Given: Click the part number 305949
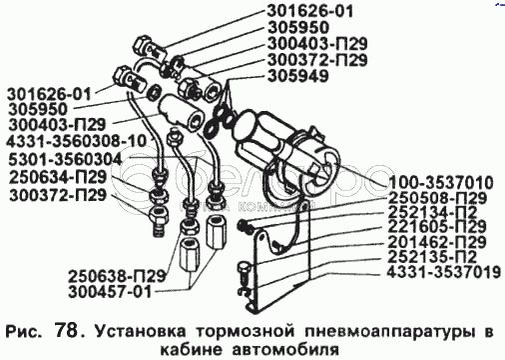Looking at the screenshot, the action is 298,76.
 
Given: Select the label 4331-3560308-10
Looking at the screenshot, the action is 76,141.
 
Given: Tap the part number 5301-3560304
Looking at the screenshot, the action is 65,159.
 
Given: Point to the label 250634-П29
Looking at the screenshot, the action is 58,177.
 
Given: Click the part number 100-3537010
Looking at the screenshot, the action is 441,183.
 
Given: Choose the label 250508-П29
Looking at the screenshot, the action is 437,198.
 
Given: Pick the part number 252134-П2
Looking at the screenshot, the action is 432,213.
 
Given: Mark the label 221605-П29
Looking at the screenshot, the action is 437,227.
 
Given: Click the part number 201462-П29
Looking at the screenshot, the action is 437,242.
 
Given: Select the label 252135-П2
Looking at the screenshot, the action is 432,257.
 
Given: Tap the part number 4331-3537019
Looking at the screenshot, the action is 444,272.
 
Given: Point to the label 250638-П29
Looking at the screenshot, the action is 117,276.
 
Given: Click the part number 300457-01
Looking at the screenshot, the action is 110,292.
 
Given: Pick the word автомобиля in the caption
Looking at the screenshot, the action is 285,350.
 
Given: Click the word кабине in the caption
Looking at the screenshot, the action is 190,350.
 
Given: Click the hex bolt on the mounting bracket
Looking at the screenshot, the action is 243,274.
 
